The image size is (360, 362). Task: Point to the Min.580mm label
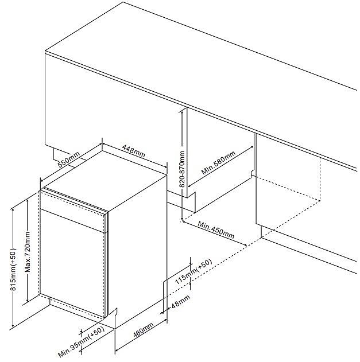click(x=219, y=164)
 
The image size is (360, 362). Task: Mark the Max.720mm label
click(x=27, y=253)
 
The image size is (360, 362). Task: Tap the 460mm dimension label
click(x=143, y=332)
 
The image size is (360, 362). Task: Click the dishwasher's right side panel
click(x=138, y=241)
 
